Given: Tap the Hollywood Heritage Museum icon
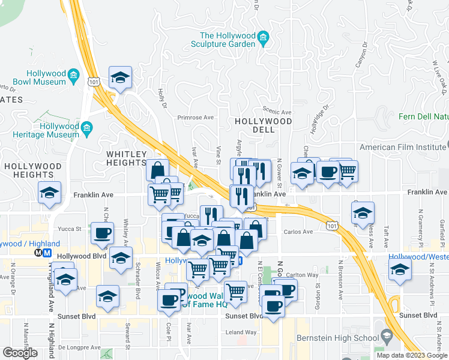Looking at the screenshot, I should [87, 127].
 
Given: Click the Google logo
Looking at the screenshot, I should [20, 352].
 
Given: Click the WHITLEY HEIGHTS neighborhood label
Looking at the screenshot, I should [127, 158].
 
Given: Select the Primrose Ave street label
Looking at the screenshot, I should [196, 118].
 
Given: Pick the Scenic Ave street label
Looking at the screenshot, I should [277, 112].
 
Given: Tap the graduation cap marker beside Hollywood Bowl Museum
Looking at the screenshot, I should [121, 78].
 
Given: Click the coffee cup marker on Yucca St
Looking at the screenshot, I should [102, 232].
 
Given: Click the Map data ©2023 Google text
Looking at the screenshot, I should [411, 355].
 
